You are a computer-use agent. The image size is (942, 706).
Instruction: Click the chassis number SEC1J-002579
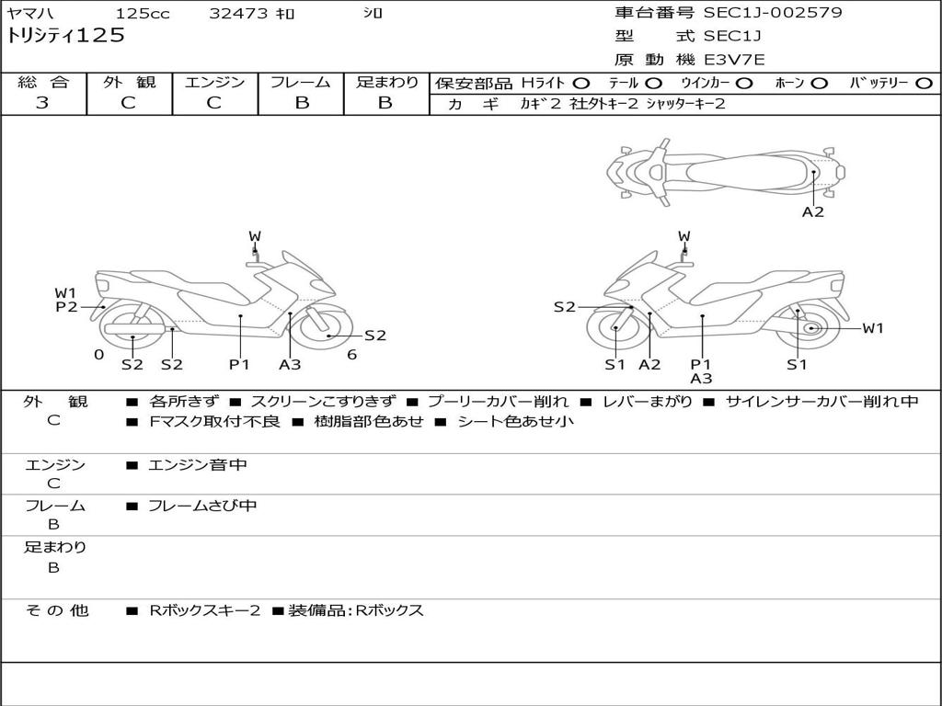(773, 13)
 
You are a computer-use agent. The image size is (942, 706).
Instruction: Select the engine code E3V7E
(734, 60)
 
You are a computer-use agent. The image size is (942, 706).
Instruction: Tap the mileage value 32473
(238, 14)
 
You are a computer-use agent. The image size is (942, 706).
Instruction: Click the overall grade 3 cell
(42, 103)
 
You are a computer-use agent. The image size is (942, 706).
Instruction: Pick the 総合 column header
(43, 83)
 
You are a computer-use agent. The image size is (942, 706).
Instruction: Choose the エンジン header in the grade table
(214, 83)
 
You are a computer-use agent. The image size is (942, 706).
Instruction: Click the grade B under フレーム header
(301, 103)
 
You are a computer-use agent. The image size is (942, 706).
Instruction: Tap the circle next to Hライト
(581, 84)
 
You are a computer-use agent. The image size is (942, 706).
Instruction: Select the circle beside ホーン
(819, 84)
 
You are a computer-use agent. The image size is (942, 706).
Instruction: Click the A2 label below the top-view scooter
(812, 212)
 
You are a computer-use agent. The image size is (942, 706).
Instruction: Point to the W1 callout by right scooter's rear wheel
(872, 328)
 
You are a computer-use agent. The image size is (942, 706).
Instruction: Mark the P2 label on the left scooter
(66, 307)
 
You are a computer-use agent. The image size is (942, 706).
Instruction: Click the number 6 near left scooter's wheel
(351, 355)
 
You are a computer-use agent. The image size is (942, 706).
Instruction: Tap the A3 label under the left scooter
(290, 365)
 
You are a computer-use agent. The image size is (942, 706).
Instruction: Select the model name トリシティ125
(65, 37)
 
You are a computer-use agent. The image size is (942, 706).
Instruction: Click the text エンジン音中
(198, 465)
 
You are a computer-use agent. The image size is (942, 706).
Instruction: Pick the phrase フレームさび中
(202, 506)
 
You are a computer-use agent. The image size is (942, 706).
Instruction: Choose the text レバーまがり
(648, 402)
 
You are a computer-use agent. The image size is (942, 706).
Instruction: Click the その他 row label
(56, 610)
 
